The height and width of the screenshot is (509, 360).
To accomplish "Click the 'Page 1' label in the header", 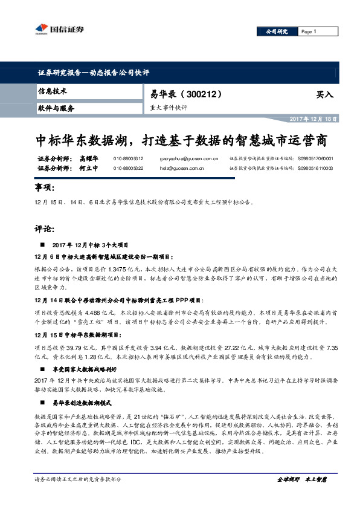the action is tap(308, 31).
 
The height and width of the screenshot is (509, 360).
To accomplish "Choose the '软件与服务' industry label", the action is tap(56, 108).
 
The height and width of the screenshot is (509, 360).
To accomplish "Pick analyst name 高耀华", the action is tap(88, 158).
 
